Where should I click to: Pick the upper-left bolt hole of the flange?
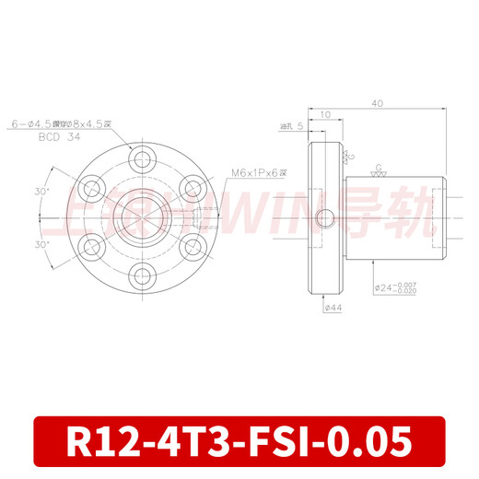(89, 189)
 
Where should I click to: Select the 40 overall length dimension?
(378, 104)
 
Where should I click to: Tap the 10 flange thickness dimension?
(326, 116)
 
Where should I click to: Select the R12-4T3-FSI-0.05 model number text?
(239, 442)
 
